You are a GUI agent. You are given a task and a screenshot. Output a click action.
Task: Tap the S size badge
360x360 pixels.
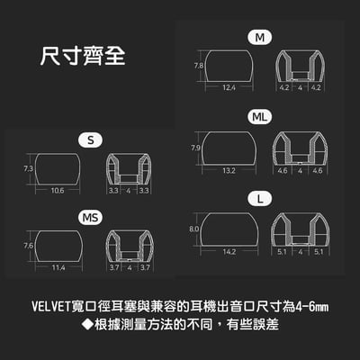[92, 139]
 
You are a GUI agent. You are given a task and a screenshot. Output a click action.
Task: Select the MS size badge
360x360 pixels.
[92, 217]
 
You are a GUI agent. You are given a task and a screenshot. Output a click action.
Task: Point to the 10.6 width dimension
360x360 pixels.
[58, 191]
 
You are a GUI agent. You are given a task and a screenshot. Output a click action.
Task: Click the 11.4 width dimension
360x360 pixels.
[58, 268]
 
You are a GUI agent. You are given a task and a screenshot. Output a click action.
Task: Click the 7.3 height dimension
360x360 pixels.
[28, 168]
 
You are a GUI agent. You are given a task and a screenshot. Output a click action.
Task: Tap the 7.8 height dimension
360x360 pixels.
[197, 66]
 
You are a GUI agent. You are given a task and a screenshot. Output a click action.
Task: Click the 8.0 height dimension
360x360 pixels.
[194, 229]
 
